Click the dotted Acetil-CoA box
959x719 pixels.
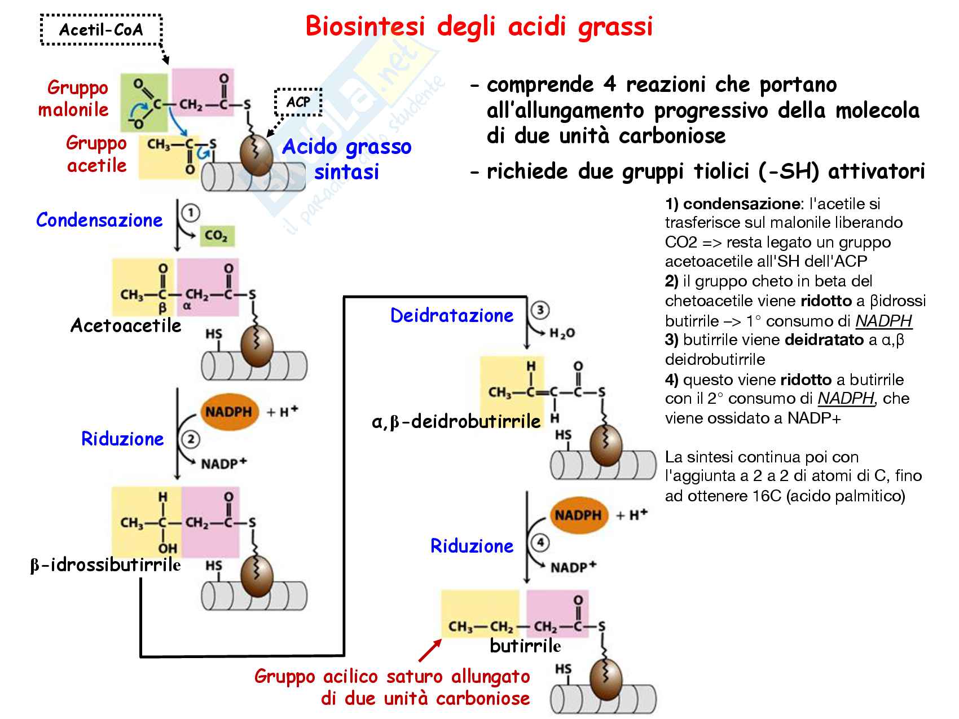[101, 29]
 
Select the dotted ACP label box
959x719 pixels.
[298, 103]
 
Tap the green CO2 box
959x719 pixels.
[216, 235]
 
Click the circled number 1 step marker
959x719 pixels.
[191, 213]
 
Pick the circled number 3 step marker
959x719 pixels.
[540, 310]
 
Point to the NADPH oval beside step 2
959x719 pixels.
[228, 412]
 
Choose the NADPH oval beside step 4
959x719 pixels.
[578, 515]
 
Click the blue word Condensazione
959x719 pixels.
[99, 220]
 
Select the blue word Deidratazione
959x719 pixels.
[452, 315]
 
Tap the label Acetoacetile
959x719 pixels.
[125, 325]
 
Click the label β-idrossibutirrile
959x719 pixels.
[105, 564]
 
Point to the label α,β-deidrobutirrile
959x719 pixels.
[456, 421]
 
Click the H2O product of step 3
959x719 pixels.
[562, 333]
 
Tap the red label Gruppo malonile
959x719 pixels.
[74, 98]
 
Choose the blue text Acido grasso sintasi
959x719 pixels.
[346, 159]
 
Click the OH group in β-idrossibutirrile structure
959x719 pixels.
[168, 548]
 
